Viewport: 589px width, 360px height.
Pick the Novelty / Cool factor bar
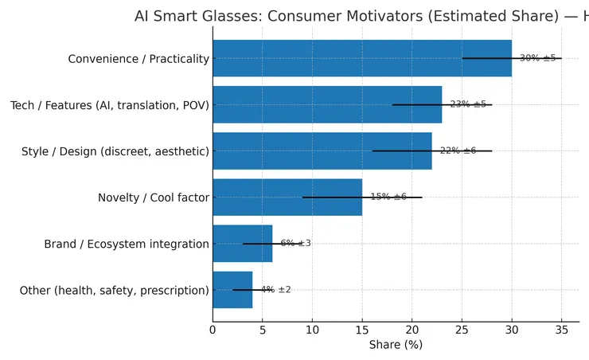pos(287,197)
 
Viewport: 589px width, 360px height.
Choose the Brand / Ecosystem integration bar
pos(242,244)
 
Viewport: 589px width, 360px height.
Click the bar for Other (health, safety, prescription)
pos(232,290)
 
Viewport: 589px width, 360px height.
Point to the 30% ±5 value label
pos(537,58)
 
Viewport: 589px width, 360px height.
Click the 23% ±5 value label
pos(468,104)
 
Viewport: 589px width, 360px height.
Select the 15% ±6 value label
pos(388,197)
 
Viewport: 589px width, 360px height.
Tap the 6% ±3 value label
pos(296,244)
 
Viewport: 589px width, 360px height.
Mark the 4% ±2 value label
pos(276,290)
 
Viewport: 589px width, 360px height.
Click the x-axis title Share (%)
pos(396,345)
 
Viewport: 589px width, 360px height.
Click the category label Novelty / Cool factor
pos(154,198)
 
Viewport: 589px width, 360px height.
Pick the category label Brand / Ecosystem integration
pos(127,244)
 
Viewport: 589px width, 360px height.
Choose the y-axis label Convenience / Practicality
pos(138,59)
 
